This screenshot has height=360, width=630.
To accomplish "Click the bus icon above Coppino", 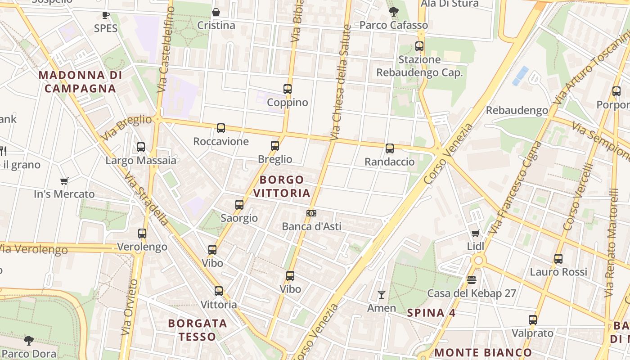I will click(288, 89).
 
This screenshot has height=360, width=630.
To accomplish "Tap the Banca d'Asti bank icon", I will click(311, 213).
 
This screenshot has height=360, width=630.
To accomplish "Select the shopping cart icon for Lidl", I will click(476, 233).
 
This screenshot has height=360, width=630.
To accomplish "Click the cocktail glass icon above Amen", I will click(382, 295).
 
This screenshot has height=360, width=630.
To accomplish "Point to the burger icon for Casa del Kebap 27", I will click(472, 280).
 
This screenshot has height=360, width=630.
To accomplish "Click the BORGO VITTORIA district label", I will click(282, 186).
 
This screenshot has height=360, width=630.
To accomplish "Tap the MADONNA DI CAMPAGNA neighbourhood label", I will click(80, 82).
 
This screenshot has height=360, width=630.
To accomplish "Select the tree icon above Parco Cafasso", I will click(393, 12).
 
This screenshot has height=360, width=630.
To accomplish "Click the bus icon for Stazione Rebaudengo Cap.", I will click(419, 46).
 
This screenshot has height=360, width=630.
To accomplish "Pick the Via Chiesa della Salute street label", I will click(340, 81).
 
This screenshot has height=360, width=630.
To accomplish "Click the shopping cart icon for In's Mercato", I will click(64, 181).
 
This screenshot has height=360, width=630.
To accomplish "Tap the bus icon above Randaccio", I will click(390, 148).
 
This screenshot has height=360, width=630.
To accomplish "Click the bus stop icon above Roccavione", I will click(221, 128).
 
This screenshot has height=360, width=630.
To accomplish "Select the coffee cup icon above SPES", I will click(106, 15).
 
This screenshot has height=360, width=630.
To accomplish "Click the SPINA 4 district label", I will click(431, 313).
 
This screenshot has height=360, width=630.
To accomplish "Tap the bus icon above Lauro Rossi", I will click(558, 259).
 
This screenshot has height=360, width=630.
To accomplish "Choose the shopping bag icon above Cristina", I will click(216, 12).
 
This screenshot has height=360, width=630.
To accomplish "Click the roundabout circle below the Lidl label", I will click(478, 260).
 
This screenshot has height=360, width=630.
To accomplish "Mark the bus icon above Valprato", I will click(533, 320).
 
